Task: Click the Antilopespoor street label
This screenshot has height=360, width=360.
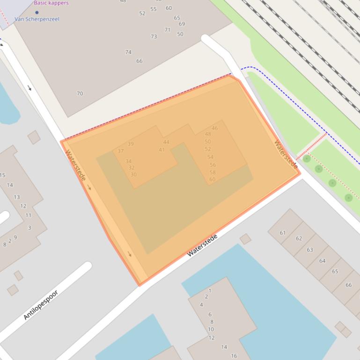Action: tap(41, 305)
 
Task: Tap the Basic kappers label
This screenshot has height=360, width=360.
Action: tap(51, 3)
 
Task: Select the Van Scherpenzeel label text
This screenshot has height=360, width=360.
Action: tap(37, 19)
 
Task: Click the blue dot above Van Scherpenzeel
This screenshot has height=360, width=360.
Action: tap(37, 13)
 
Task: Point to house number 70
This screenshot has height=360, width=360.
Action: tap(80, 94)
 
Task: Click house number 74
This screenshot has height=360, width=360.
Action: tap(128, 52)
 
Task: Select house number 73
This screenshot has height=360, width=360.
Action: tap(154, 36)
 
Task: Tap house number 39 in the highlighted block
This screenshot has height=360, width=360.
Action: tap(131, 144)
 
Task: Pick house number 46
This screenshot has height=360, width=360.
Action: tap(214, 128)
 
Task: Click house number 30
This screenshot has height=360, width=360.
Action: tap(133, 175)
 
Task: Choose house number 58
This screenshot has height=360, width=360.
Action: tap(213, 173)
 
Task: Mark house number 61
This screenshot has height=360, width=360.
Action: tap(283, 233)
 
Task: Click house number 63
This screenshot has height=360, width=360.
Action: tap(310, 250)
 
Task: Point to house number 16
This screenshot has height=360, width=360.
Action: tap(234, 356)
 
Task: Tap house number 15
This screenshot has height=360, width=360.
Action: tap(3, 175)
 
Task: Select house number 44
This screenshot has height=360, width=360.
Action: tap(166, 142)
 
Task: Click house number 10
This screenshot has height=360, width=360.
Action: tap(211, 330)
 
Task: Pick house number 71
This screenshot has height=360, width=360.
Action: tap(167, 30)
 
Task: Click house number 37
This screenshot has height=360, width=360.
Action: tap(121, 151)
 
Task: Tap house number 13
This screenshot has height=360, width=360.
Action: tap(17, 197)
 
